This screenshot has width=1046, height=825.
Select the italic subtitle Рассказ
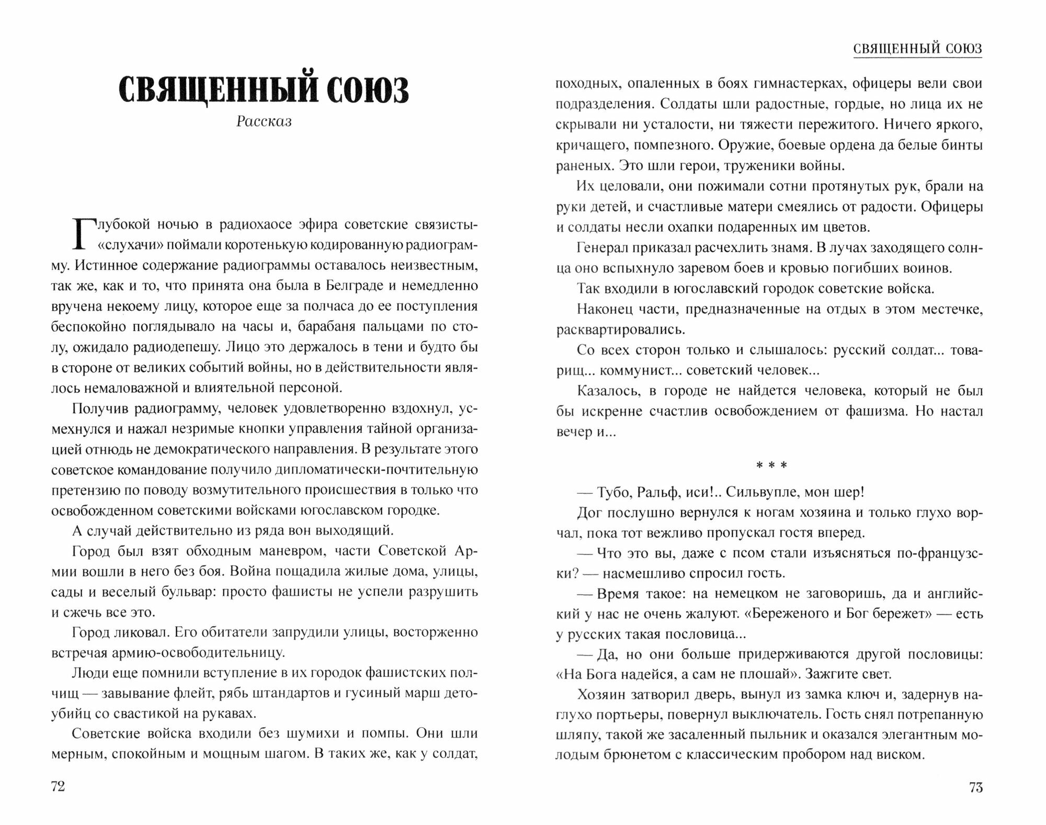tap(264, 121)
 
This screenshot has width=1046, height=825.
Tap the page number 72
tap(58, 786)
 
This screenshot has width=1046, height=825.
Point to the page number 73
tap(976, 787)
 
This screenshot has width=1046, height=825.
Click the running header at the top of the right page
tap(917, 49)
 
